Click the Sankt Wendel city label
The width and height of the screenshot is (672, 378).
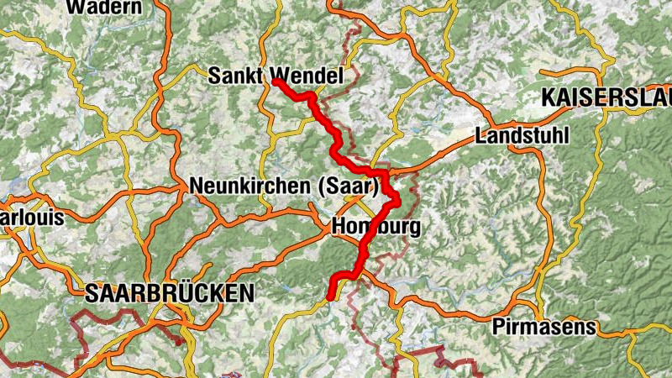point(276,76)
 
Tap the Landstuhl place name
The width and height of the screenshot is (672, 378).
point(522,135)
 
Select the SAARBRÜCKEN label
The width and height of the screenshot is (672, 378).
point(169,293)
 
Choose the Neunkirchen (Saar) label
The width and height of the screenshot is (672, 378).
point(285,186)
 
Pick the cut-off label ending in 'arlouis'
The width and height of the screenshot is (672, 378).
point(32,218)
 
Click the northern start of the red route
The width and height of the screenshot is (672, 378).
point(275,81)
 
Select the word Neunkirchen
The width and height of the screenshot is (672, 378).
point(252,186)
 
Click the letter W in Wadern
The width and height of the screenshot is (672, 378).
point(73,8)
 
